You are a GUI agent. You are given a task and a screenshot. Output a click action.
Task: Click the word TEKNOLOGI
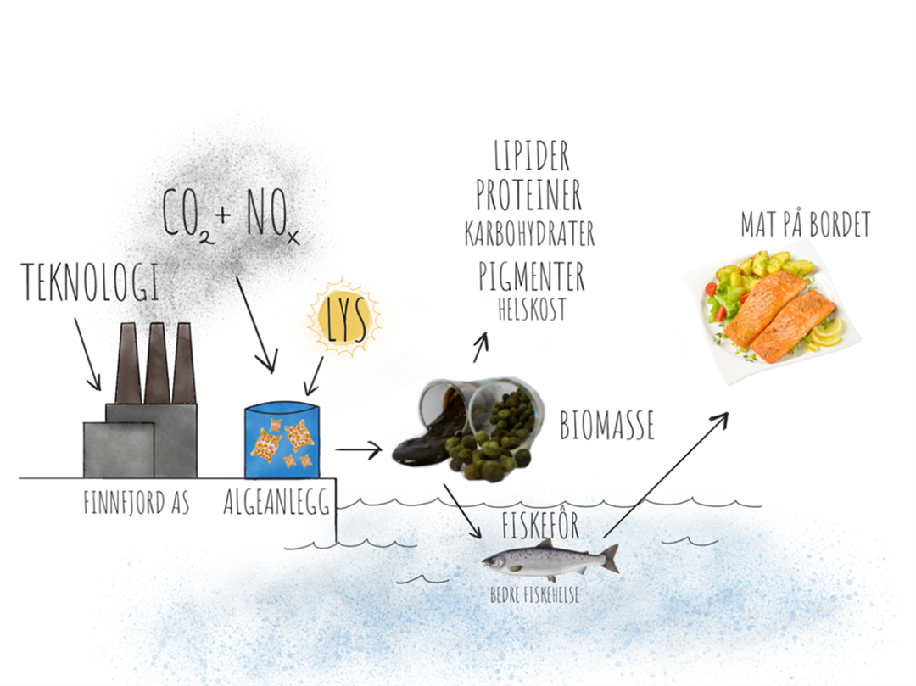[90, 282]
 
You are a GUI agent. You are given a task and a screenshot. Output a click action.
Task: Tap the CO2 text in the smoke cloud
[187, 214]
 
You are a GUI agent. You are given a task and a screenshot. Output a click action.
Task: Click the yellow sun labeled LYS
[344, 319]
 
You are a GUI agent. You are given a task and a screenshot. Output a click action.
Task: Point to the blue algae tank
[282, 439]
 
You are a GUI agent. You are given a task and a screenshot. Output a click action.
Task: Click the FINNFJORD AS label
[137, 502]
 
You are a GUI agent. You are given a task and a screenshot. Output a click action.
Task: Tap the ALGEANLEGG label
[276, 501]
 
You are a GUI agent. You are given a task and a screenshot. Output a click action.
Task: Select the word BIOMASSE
[607, 425]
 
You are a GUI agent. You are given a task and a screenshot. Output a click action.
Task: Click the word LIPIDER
[532, 155]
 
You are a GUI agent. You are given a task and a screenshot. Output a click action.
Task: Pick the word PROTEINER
[528, 195]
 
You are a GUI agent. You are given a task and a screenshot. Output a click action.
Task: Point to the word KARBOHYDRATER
[529, 233]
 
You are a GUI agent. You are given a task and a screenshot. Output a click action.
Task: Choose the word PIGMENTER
[532, 276]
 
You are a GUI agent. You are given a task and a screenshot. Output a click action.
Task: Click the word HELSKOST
[532, 310]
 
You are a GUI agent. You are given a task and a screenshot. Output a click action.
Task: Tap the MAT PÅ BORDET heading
[807, 224]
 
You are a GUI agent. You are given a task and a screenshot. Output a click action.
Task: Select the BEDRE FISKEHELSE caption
[534, 595]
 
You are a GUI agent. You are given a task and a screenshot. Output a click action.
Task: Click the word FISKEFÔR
[540, 524]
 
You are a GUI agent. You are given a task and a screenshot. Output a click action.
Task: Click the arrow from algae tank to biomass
[359, 449]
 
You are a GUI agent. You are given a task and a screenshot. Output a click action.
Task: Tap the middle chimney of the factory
[157, 363]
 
